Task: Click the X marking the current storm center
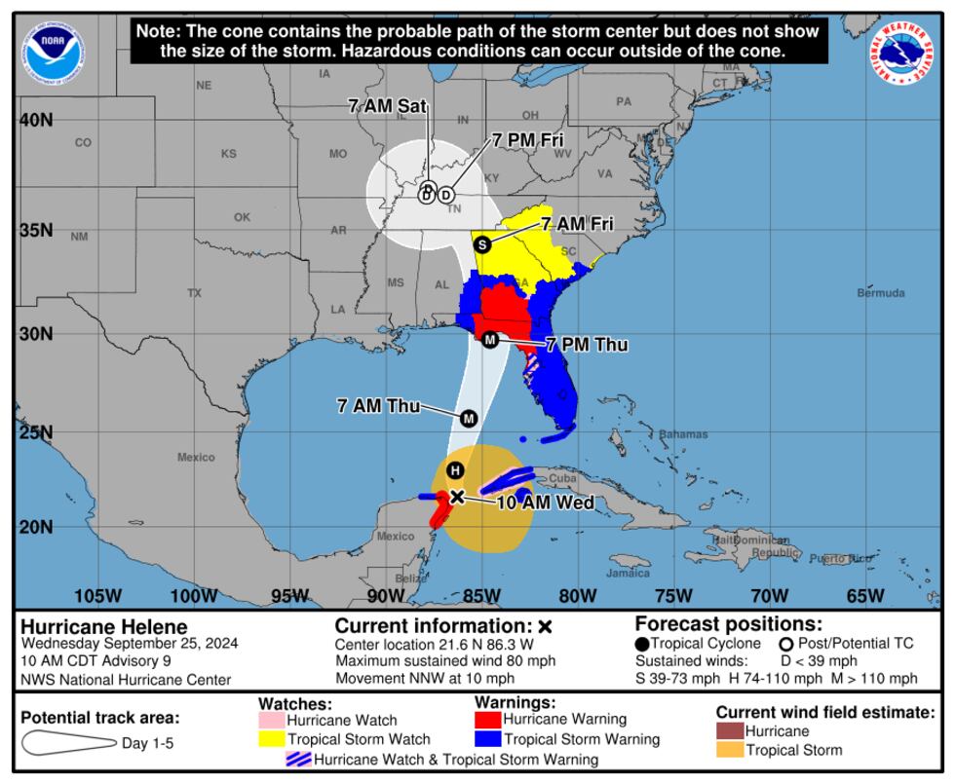click(457, 497)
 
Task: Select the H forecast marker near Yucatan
click(454, 470)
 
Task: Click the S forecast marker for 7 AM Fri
click(481, 244)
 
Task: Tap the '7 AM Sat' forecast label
click(389, 107)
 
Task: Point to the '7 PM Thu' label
click(586, 345)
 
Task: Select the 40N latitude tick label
click(37, 120)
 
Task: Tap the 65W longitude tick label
click(864, 596)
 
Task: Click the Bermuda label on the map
click(880, 293)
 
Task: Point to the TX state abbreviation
click(195, 292)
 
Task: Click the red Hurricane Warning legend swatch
click(487, 720)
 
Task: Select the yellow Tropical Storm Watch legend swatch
click(271, 739)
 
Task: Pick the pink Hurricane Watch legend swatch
click(271, 720)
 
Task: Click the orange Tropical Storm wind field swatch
click(730, 750)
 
